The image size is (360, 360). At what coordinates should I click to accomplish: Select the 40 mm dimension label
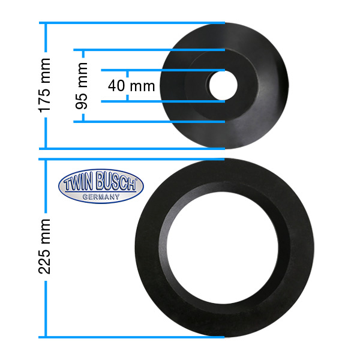point(131,86)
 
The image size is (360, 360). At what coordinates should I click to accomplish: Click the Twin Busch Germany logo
point(101,187)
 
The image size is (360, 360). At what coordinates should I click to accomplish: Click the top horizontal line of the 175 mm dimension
point(132,23)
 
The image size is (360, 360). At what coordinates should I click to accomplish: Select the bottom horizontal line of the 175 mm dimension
point(132,148)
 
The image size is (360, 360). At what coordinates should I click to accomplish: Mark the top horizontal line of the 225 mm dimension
point(132,160)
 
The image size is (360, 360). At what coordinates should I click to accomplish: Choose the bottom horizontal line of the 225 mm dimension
point(132,337)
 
